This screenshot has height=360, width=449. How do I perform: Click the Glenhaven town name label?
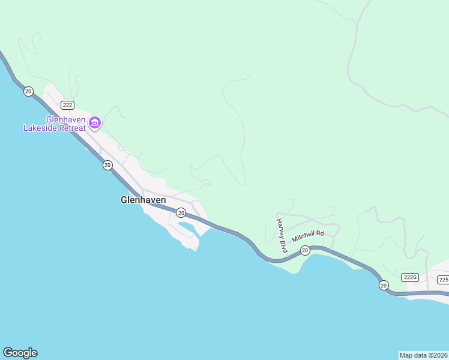click(143, 200)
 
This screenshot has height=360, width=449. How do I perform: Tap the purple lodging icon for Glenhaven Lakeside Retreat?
click(94, 124)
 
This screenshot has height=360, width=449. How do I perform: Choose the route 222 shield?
click(67, 104)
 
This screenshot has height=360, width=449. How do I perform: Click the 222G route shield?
click(410, 277)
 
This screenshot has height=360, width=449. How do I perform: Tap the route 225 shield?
click(443, 280)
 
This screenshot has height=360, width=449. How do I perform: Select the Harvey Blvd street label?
click(280, 235)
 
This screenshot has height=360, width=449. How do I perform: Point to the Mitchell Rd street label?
click(308, 236)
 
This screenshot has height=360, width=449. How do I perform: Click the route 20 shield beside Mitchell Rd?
click(305, 250)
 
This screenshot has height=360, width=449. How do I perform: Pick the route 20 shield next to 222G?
click(384, 285)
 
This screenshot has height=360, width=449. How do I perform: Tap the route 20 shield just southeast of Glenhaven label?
click(181, 213)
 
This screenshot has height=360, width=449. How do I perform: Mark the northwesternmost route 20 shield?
click(28, 91)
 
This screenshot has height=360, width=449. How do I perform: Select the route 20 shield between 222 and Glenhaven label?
click(107, 165)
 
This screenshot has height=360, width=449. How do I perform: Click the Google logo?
click(20, 353)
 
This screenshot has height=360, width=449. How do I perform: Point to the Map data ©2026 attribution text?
click(424, 355)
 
